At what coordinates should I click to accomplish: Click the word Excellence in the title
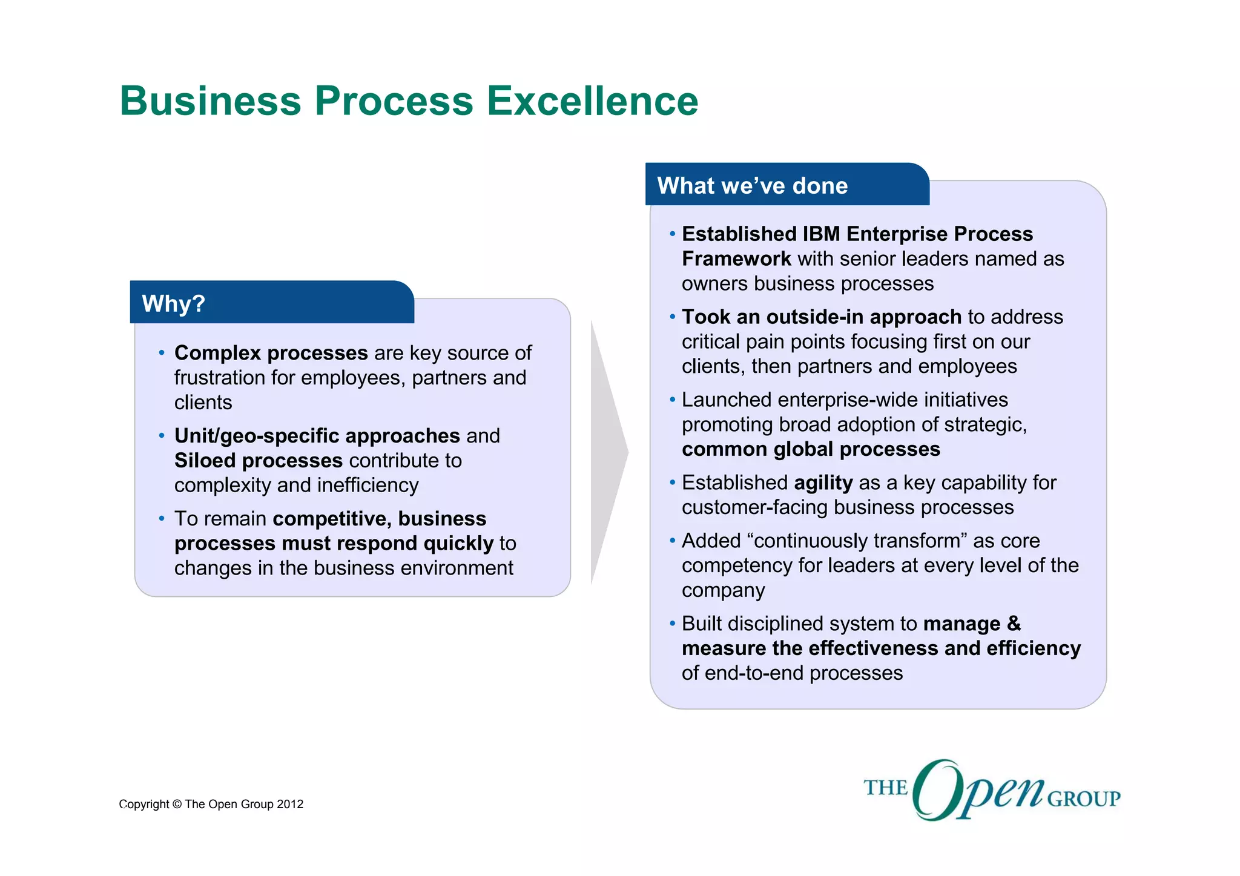[x=592, y=100]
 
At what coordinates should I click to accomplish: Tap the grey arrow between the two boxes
[x=608, y=452]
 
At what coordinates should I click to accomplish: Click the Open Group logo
[x=992, y=790]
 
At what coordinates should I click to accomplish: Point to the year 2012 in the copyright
[x=290, y=805]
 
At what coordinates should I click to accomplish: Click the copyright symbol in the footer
[x=177, y=805]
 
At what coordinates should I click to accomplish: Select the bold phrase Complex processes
[x=271, y=353]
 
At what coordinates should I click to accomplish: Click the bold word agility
[x=823, y=482]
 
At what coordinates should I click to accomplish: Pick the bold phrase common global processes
[x=811, y=449]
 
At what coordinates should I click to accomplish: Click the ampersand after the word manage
[x=1014, y=624]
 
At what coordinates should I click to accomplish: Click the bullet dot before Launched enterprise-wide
[x=672, y=400]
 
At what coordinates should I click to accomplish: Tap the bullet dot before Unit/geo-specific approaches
[x=162, y=436]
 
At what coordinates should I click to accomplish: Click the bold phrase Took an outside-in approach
[x=821, y=317]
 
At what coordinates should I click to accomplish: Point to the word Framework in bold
[x=736, y=259]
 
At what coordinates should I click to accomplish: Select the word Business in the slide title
[x=210, y=100]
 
